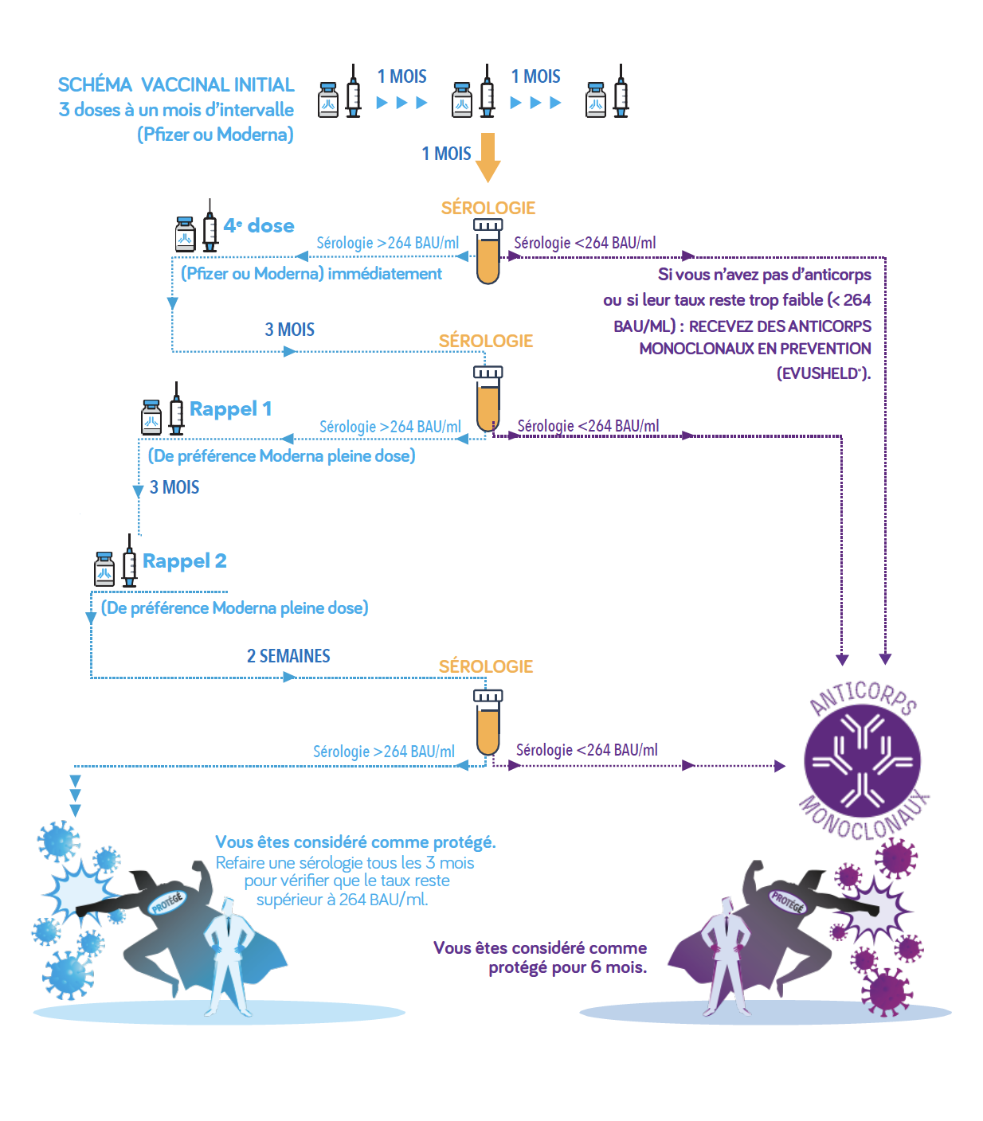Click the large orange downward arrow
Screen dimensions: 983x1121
(x=488, y=157)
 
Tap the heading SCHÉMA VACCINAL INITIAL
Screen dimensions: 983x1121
(x=176, y=84)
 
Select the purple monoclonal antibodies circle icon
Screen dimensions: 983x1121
(x=862, y=761)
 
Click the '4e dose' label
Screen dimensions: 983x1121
(x=259, y=226)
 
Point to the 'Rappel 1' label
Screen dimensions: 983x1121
(x=230, y=408)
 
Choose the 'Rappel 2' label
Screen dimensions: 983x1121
(x=185, y=560)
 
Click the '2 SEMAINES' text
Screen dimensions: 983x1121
(x=288, y=656)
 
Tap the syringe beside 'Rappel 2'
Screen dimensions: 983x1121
(x=129, y=560)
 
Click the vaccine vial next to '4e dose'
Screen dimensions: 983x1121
(x=185, y=233)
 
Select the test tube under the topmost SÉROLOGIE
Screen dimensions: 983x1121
(x=488, y=252)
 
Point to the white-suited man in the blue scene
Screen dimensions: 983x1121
(x=228, y=957)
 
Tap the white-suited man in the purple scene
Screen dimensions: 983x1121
(x=726, y=957)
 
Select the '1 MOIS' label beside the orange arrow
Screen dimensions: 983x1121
(x=446, y=154)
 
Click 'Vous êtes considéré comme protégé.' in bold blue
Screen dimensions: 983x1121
(x=355, y=842)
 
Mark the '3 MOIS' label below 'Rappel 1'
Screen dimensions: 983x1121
(x=174, y=487)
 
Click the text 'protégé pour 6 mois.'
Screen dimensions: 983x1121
(x=567, y=967)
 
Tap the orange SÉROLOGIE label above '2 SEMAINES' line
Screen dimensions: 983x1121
(x=486, y=666)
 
